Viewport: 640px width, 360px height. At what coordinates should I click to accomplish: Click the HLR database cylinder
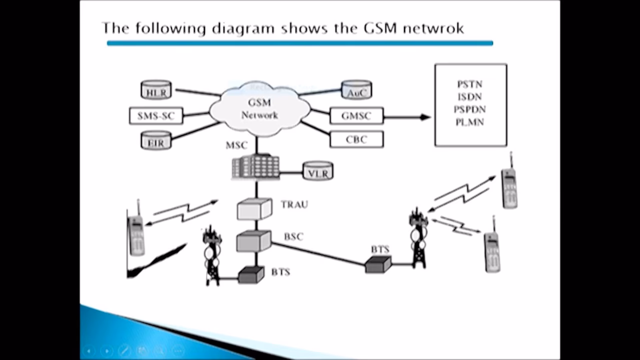(x=156, y=90)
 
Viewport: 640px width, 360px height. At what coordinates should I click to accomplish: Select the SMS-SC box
(x=156, y=116)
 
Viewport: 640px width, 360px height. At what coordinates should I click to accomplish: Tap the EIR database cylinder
(x=156, y=140)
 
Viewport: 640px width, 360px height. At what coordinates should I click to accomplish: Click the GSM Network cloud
(x=259, y=109)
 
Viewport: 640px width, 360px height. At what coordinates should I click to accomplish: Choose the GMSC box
(x=356, y=116)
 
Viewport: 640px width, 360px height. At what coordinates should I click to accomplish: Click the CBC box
(x=356, y=139)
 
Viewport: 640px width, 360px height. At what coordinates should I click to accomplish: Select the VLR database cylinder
(x=318, y=171)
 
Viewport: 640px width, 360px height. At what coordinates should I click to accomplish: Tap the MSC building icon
(x=255, y=166)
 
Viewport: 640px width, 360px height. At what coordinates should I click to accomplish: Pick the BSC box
(x=254, y=241)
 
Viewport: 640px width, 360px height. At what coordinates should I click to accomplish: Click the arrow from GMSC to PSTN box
(x=407, y=117)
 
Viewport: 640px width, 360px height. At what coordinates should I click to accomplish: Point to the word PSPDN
(x=470, y=109)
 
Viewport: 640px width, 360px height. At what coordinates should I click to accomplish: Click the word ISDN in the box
(x=470, y=97)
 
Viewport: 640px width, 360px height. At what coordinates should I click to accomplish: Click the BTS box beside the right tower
(x=378, y=264)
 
